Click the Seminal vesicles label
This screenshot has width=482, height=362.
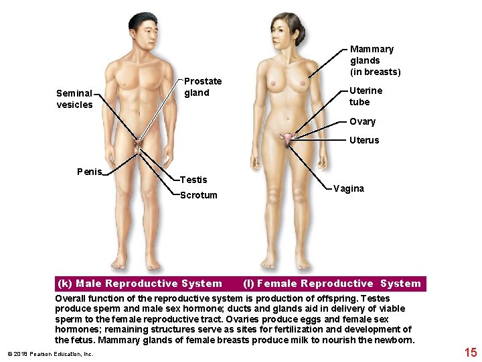(74, 99)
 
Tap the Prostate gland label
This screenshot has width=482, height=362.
(203, 87)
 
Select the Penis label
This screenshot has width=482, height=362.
(89, 172)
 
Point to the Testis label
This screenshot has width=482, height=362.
(193, 180)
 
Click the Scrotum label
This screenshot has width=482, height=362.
(199, 195)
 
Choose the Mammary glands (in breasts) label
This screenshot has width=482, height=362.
(375, 60)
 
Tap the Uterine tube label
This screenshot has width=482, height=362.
(366, 96)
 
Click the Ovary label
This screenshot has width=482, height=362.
(362, 121)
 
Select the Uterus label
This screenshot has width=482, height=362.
(364, 140)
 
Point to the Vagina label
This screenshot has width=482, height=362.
(349, 188)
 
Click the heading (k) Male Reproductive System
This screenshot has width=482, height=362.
(140, 284)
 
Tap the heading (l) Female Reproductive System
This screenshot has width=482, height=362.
(332, 284)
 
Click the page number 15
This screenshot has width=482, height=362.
(470, 352)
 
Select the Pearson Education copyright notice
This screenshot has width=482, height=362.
(50, 354)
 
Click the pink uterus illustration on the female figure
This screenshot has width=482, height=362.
(288, 139)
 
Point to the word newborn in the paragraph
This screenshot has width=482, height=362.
(396, 340)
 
